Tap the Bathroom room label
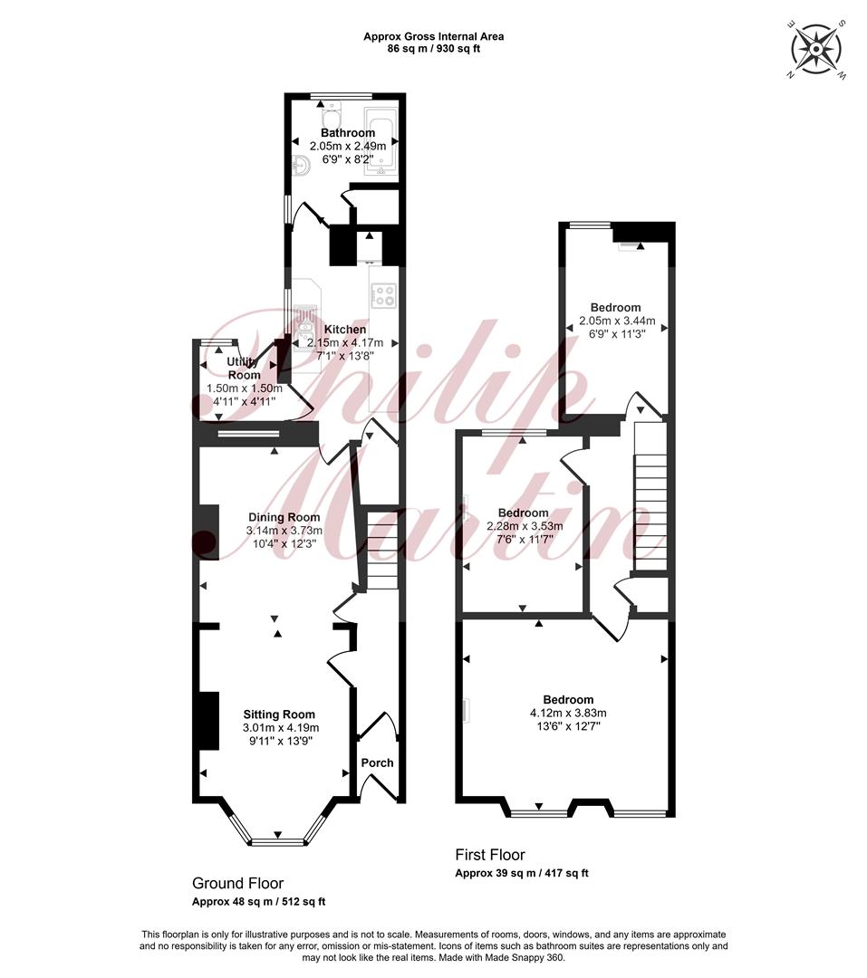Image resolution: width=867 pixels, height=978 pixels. click(348, 133)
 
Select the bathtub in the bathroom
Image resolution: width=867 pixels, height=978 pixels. click(381, 142)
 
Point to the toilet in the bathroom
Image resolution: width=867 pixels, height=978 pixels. click(330, 115)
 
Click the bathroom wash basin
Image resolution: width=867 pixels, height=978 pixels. click(302, 166)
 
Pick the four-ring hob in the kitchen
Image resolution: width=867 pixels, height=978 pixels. click(383, 295)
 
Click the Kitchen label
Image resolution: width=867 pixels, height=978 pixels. click(345, 330)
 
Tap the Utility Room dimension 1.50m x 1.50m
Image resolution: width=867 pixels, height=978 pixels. click(245, 388)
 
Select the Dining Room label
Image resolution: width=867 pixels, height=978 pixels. click(284, 517)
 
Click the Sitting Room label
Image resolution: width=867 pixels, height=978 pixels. click(279, 714)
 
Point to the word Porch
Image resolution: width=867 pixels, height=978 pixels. click(378, 762)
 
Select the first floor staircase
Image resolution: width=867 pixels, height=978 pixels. click(651, 496)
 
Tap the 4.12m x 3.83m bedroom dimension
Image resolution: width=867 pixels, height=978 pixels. click(568, 713)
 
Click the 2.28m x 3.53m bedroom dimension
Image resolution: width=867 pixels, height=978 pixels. click(525, 526)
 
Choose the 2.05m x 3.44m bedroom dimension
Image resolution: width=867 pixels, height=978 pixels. click(617, 321)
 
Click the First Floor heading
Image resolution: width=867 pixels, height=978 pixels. click(490, 855)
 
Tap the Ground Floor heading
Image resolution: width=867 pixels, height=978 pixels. click(238, 883)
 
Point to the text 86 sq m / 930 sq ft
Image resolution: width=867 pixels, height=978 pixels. click(434, 48)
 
